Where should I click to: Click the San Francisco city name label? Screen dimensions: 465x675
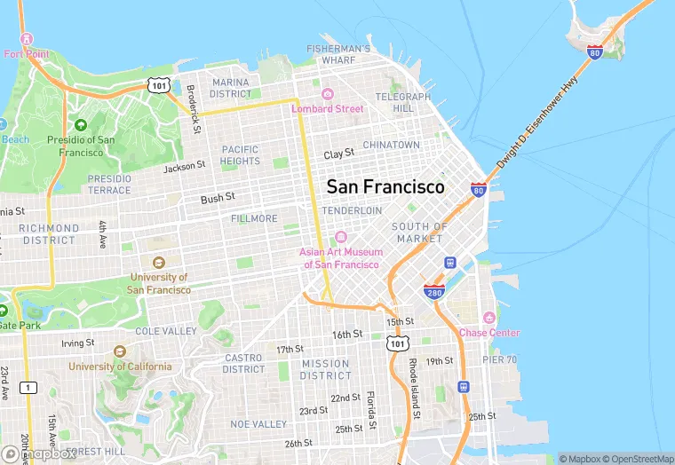[385, 187]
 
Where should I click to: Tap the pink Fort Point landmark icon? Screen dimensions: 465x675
[26, 40]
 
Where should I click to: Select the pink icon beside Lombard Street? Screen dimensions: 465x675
[327, 95]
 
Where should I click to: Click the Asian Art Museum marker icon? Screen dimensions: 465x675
[340, 237]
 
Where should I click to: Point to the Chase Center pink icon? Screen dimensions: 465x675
[488, 319]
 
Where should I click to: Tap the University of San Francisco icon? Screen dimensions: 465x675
[158, 263]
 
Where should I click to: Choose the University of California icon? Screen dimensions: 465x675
[121, 352]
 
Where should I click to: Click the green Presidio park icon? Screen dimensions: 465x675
[81, 126]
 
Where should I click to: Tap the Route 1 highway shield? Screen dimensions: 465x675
[29, 387]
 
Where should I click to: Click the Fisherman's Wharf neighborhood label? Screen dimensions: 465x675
[338, 54]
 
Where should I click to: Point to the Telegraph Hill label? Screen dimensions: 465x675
[403, 102]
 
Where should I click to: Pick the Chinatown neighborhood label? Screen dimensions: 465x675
[391, 145]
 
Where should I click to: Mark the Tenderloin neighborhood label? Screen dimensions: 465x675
[352, 210]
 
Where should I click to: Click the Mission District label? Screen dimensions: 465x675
[325, 369]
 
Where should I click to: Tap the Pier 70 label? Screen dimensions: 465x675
[500, 359]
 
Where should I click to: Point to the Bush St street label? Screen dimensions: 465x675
[218, 198]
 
